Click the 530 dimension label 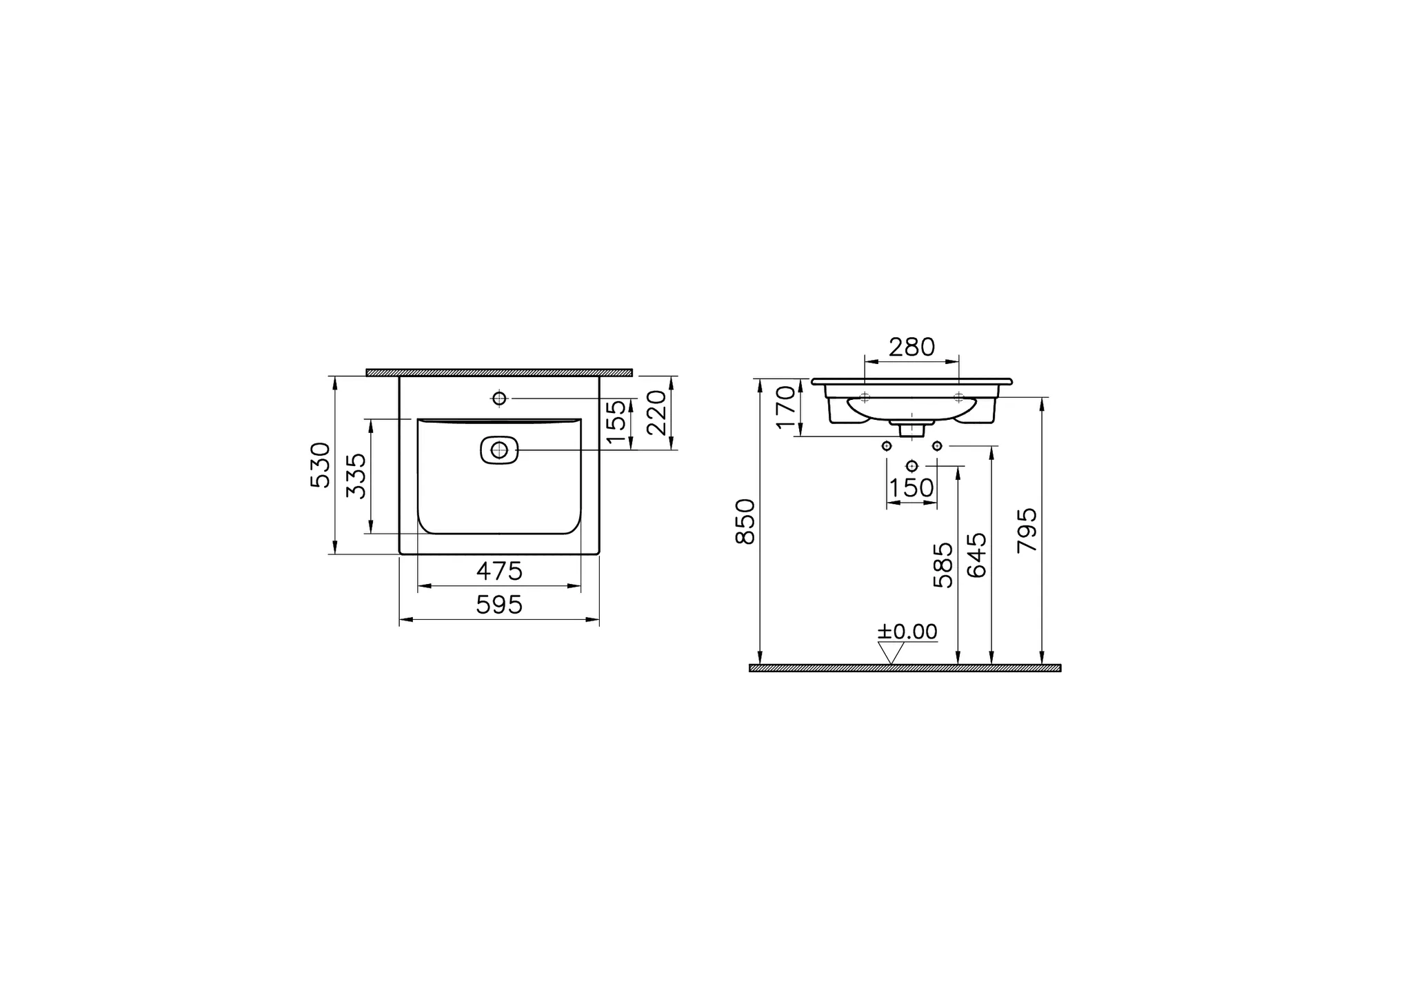click(x=321, y=465)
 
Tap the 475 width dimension click(x=499, y=572)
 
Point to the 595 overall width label click(x=499, y=605)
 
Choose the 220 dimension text click(x=657, y=412)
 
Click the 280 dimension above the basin click(x=911, y=348)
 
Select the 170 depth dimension click(x=785, y=407)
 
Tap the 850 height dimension click(x=746, y=522)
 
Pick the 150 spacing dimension click(x=911, y=488)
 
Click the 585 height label click(x=943, y=565)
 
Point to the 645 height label click(x=977, y=555)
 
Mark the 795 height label click(x=1027, y=530)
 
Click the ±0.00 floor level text click(x=907, y=632)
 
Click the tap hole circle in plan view click(x=499, y=399)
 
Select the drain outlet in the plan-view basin click(x=499, y=450)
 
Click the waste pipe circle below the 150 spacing click(x=911, y=465)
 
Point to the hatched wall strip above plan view click(x=499, y=373)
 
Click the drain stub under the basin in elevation click(x=911, y=429)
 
